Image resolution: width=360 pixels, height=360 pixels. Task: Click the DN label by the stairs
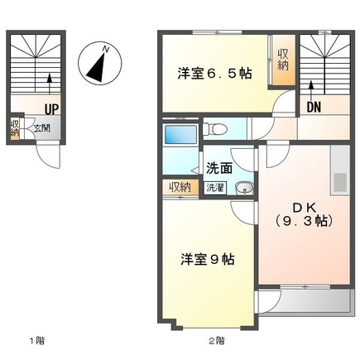[314, 107]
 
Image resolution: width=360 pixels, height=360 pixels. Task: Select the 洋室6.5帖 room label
[214, 73]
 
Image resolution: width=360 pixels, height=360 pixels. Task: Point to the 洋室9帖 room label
[208, 259]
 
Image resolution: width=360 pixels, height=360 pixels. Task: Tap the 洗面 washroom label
[218, 166]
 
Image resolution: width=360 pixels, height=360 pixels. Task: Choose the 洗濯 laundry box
[214, 188]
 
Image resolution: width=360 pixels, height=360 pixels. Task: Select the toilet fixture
[218, 128]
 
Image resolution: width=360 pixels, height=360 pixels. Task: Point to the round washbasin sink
[243, 190]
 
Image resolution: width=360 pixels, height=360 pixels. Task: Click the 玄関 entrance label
[41, 128]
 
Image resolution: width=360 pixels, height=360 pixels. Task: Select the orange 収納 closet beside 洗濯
[180, 187]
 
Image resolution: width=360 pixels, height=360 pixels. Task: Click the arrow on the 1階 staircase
[50, 84]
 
